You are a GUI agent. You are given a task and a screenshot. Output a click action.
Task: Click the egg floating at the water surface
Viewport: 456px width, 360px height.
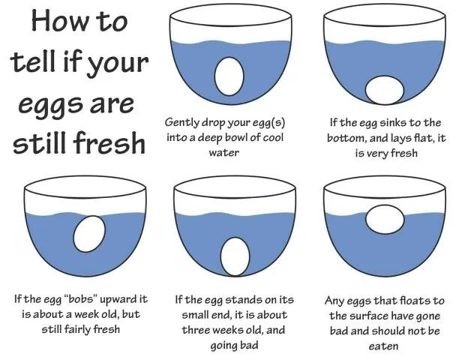385,220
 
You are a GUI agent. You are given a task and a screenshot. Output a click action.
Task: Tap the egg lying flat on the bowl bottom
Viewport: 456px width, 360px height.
385,90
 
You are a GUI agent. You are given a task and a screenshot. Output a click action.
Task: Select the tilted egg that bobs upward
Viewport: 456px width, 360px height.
89,234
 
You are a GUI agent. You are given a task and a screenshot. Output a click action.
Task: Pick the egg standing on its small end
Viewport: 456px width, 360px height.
235,256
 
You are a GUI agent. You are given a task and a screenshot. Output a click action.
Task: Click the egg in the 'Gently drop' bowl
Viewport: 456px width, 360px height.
229,76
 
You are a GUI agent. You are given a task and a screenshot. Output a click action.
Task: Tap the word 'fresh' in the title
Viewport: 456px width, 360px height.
109,142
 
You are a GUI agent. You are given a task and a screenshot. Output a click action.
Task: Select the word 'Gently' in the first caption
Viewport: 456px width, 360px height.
181,122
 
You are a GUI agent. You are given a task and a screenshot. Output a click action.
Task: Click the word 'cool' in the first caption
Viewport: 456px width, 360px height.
273,137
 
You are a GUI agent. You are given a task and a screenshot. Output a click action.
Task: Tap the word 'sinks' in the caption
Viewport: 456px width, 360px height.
393,122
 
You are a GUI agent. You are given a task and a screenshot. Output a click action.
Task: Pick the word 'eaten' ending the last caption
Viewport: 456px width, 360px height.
383,346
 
